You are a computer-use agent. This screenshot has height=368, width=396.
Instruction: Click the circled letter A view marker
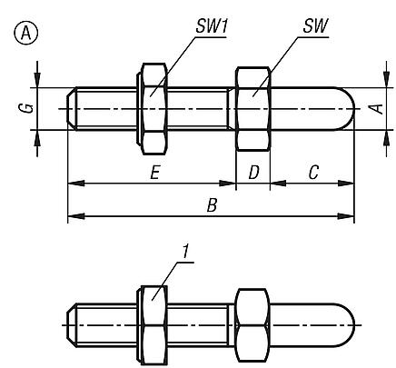[x=26, y=34]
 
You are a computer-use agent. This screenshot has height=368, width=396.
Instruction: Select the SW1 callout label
[x=212, y=26]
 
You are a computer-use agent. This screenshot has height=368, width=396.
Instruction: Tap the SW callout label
[x=315, y=26]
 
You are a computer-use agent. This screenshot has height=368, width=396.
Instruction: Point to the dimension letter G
[x=29, y=108]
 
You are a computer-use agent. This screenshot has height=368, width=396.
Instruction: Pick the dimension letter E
[x=155, y=174]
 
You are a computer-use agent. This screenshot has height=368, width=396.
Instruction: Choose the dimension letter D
[x=253, y=173]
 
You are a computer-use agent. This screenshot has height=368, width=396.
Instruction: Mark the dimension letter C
[x=313, y=173]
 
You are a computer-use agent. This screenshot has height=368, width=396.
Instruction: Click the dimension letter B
[x=212, y=206]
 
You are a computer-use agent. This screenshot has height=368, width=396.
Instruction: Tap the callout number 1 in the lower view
[x=185, y=253]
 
